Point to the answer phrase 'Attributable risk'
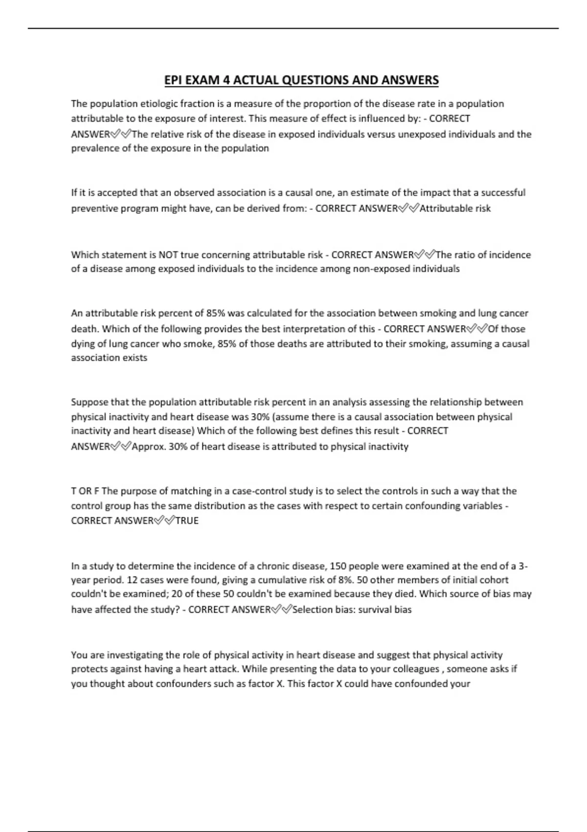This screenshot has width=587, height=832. tap(455, 208)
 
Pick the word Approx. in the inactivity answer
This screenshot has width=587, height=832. tap(149, 446)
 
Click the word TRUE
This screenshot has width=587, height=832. tap(187, 521)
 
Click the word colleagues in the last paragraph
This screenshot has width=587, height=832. tap(415, 669)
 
